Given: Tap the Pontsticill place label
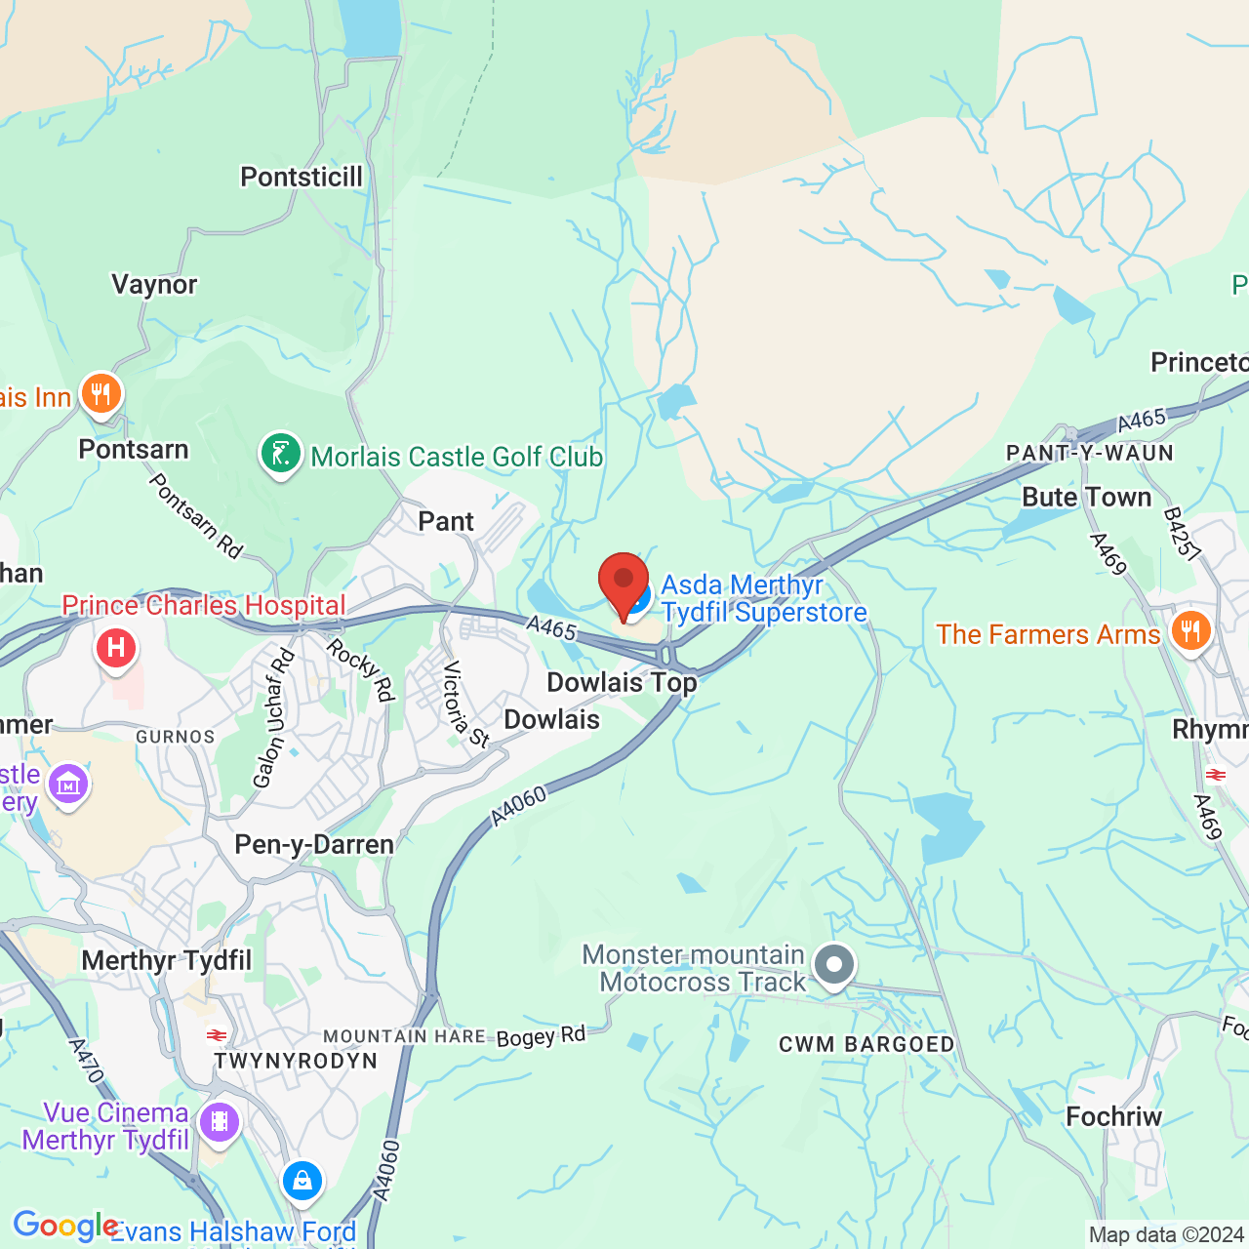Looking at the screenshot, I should tap(302, 178).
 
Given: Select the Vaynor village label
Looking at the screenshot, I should tap(154, 285).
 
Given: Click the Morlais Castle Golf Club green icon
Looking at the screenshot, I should tap(280, 455).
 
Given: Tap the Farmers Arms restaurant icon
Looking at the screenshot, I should tap(1190, 631).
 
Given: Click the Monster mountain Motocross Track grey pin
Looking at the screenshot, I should tap(834, 965).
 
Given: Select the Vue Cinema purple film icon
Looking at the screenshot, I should tap(220, 1122).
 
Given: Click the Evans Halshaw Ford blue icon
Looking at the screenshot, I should tap(302, 1181).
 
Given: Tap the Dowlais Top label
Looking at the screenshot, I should tap(622, 682).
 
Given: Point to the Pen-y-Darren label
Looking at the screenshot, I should tap(314, 844).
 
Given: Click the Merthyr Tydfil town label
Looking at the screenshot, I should tap(167, 961).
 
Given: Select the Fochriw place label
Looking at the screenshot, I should tap(1113, 1117).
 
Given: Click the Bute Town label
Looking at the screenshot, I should tap(1086, 498).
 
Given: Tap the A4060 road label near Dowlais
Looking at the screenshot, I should tap(519, 806).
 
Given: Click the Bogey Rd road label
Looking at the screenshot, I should tap(541, 1036).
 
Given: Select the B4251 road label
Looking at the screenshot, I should tap(1182, 534).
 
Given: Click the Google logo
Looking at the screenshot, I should tap(65, 1226).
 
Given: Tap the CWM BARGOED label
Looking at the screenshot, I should tap(866, 1045).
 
